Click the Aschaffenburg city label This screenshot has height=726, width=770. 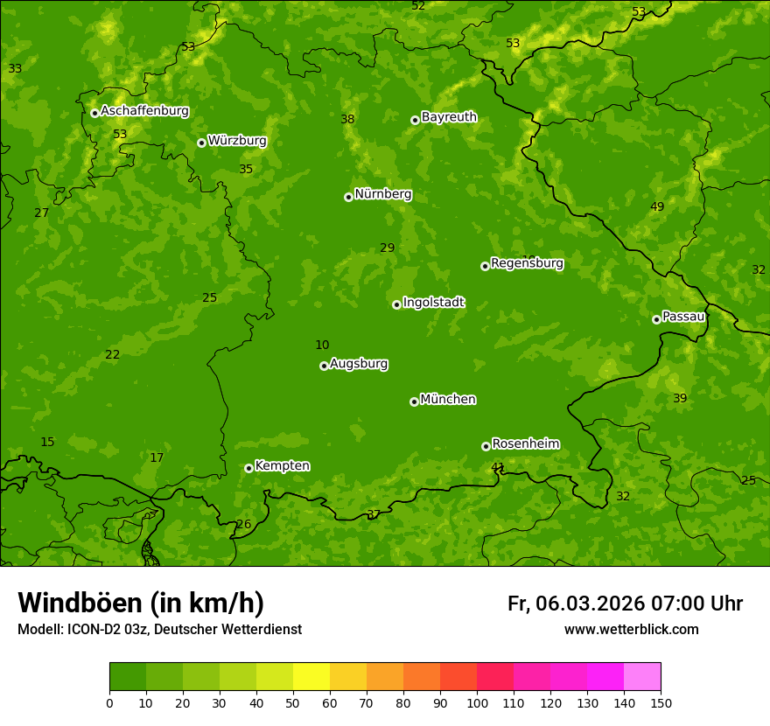(144, 111)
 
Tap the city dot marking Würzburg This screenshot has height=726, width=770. (201, 143)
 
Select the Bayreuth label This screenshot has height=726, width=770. (449, 117)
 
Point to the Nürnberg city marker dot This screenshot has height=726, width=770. (348, 197)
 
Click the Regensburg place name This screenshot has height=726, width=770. (527, 263)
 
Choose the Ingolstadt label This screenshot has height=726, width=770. (433, 303)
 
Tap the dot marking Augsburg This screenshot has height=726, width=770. (324, 366)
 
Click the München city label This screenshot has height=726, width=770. (448, 400)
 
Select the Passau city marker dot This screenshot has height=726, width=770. (656, 319)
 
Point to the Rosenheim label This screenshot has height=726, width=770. (525, 444)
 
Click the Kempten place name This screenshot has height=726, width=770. (282, 466)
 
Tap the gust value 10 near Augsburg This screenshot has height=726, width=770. (322, 346)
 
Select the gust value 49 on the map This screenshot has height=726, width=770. (657, 207)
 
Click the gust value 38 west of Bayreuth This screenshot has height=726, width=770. (347, 120)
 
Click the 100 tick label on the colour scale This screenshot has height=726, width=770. (477, 702)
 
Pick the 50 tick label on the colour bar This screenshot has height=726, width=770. (293, 702)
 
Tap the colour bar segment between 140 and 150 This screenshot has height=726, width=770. (642, 677)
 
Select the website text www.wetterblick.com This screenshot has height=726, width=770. (631, 630)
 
